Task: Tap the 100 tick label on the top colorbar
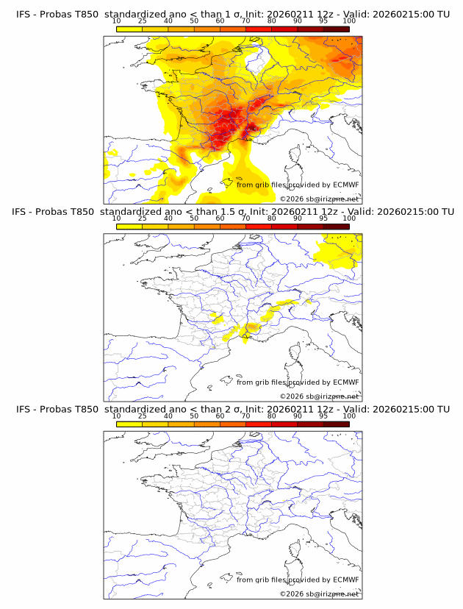click(x=349, y=21)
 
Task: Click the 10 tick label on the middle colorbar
click(x=116, y=218)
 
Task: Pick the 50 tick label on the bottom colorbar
click(x=194, y=416)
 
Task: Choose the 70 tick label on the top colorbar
click(x=245, y=21)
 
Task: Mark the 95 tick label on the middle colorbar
click(x=323, y=218)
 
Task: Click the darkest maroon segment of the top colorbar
click(x=337, y=28)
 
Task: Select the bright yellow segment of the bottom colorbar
click(x=129, y=424)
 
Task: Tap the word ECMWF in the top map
click(x=345, y=185)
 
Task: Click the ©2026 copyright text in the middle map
click(x=292, y=396)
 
